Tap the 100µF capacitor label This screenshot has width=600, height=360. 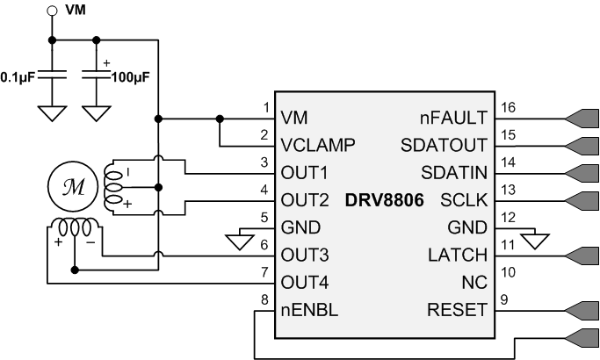coord(130,76)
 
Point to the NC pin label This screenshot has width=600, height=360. coord(474,283)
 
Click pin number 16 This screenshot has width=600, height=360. coord(507,108)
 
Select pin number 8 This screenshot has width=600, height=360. coord(265,300)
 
